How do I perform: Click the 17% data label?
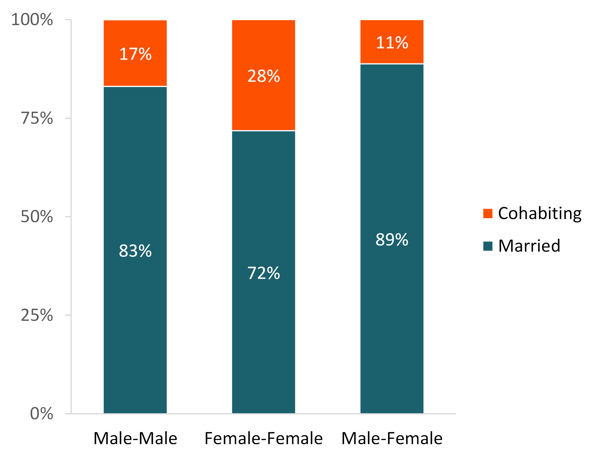135,54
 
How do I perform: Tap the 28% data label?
264,76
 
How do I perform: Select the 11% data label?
392,43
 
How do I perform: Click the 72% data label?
264,273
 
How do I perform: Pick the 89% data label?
392,240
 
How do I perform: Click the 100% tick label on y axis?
32,20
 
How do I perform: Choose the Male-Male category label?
135,438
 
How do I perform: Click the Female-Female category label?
264,438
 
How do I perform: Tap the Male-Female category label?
392,438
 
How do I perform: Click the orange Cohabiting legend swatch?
488,214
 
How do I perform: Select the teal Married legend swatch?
488,246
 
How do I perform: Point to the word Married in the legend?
529,246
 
